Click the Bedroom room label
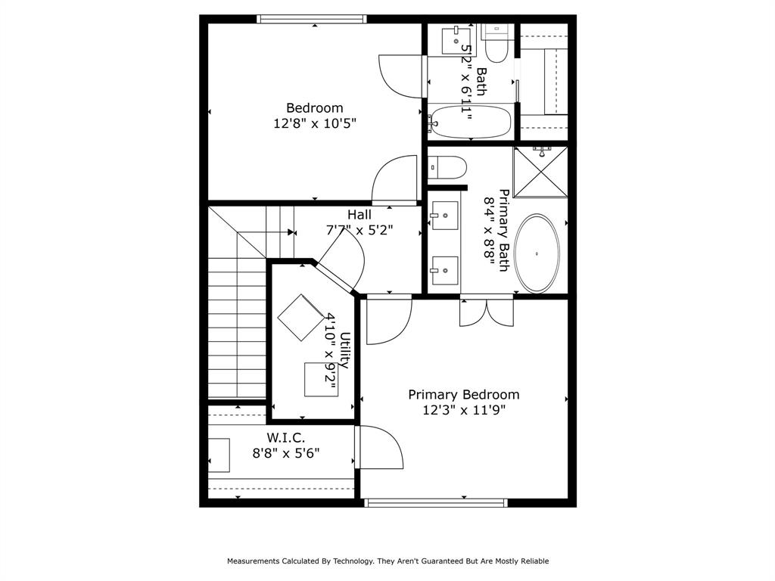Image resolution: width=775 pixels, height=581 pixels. click(x=314, y=108)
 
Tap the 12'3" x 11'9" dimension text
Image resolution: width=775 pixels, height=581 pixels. click(x=463, y=410)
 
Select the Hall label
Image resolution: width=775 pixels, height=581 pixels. click(x=359, y=215)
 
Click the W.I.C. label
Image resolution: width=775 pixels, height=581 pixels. click(x=285, y=438)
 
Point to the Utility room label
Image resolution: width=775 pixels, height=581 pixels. click(x=345, y=350)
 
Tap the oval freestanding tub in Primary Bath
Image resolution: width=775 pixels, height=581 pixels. click(x=538, y=254)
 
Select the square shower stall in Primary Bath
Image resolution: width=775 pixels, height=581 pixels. click(x=540, y=172)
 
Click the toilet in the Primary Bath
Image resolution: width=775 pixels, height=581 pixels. click(x=447, y=167)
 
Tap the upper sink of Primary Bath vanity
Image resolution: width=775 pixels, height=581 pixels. click(x=444, y=216)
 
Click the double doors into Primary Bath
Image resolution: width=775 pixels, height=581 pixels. click(x=486, y=310)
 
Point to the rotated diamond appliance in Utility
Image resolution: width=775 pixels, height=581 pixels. click(x=301, y=317)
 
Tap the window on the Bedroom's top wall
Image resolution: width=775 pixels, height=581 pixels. click(x=312, y=19)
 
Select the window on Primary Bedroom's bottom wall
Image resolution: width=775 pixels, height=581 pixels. click(x=435, y=502)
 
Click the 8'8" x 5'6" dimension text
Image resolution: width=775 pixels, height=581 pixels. click(x=286, y=453)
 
